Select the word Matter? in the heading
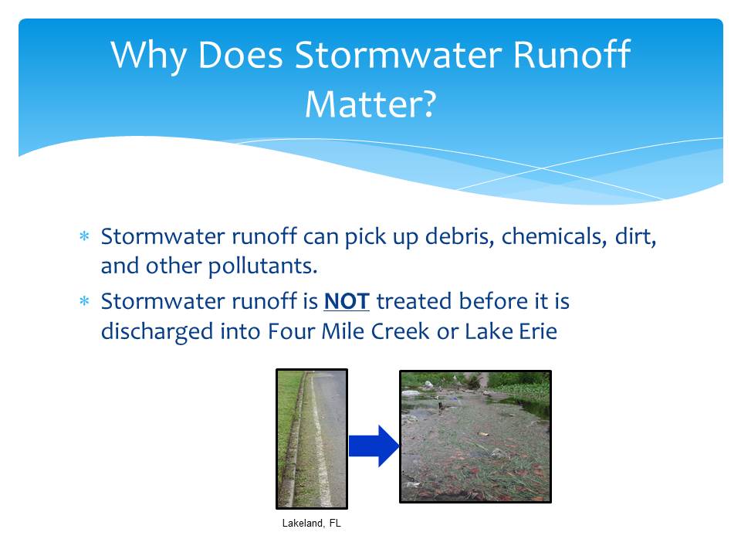click(x=370, y=104)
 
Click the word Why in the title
click(x=148, y=56)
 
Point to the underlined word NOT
click(x=347, y=302)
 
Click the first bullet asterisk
click(x=84, y=236)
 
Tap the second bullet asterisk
click(x=84, y=301)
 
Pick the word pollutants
click(x=262, y=266)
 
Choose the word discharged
click(x=157, y=332)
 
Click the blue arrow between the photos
click(x=374, y=446)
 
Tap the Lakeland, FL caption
click(x=311, y=523)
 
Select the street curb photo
click(x=312, y=439)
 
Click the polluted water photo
click(x=475, y=436)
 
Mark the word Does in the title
click(x=240, y=56)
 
